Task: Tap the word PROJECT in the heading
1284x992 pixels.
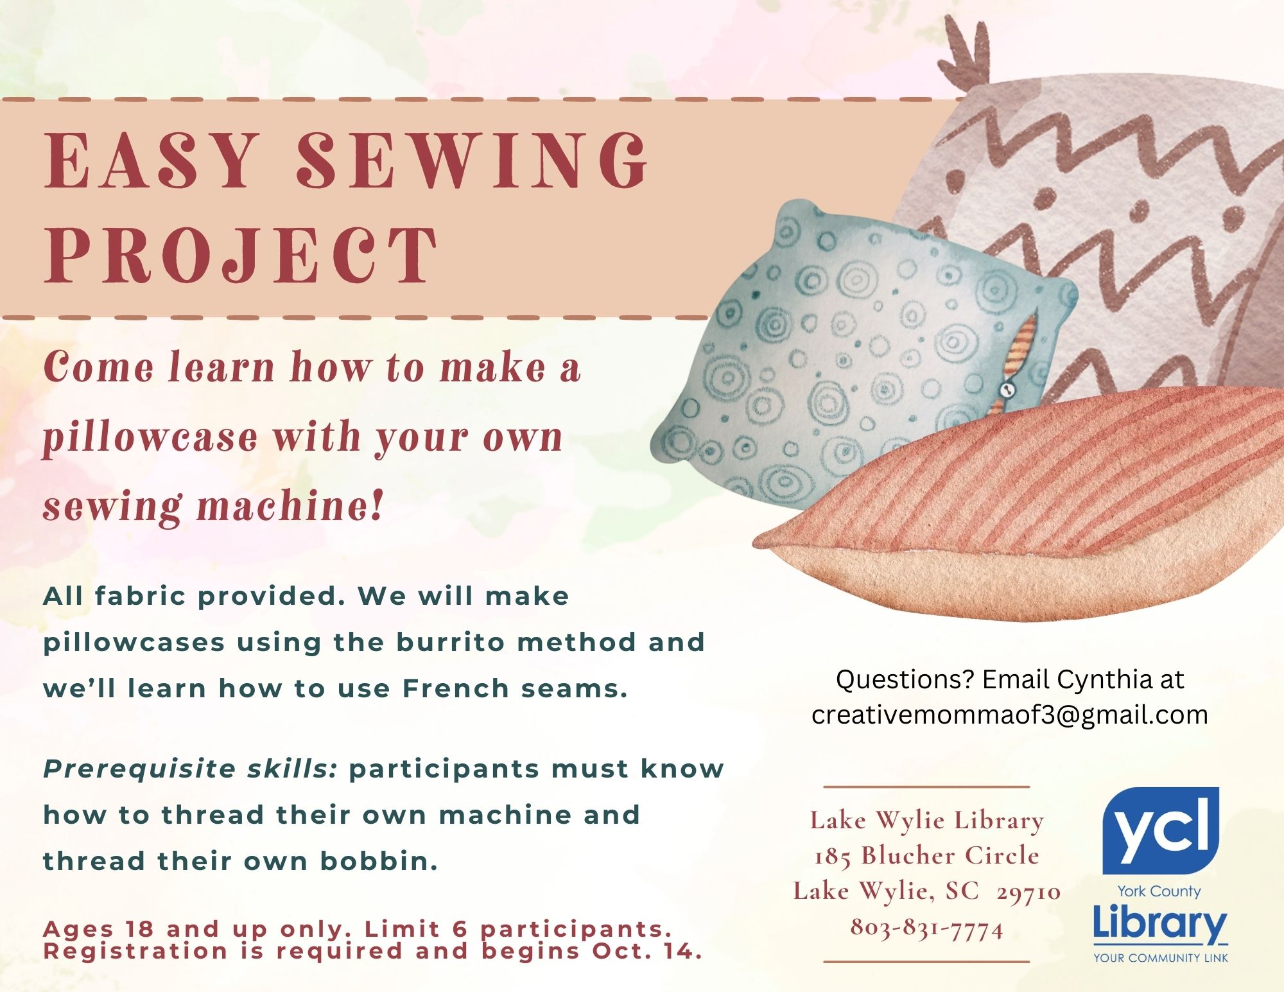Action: pyautogui.click(x=241, y=255)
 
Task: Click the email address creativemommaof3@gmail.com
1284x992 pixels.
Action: pyautogui.click(x=1009, y=715)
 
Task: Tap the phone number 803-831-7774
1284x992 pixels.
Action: pyautogui.click(x=926, y=927)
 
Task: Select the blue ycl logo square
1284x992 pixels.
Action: pyautogui.click(x=1160, y=830)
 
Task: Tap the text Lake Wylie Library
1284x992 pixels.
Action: pyautogui.click(x=926, y=821)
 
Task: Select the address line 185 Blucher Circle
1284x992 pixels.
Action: pyautogui.click(x=926, y=855)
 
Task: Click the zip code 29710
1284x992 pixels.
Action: pyautogui.click(x=1028, y=891)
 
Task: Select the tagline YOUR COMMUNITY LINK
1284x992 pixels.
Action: pyautogui.click(x=1161, y=958)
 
